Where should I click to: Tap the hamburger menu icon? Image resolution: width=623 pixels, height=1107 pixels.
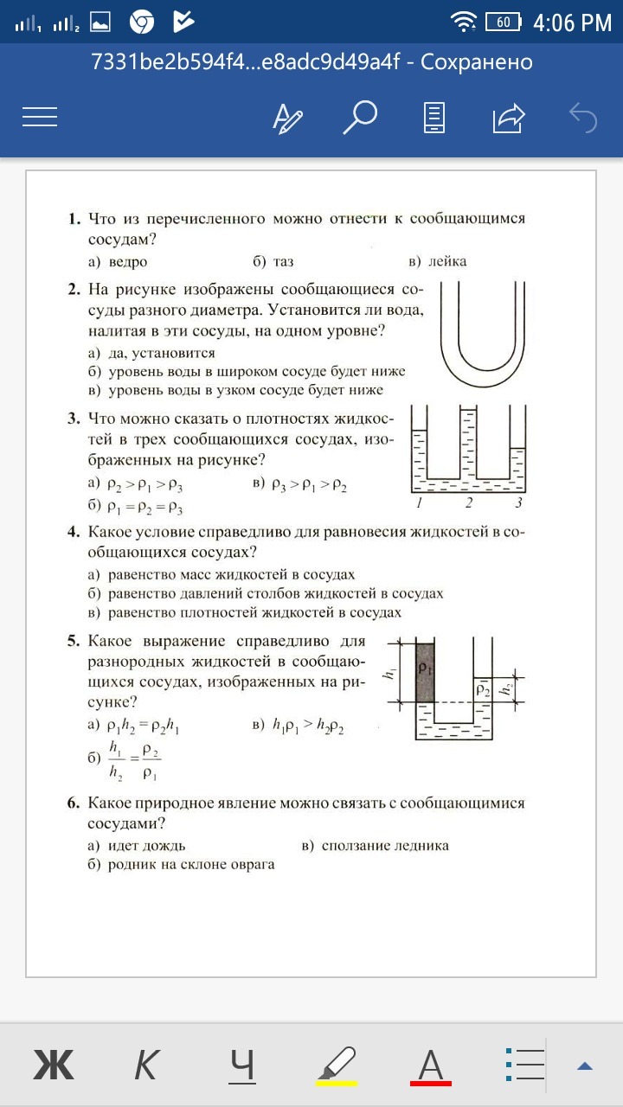[40, 117]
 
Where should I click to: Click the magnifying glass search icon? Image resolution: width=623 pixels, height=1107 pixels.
[359, 117]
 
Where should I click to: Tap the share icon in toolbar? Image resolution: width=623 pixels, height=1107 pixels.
[509, 117]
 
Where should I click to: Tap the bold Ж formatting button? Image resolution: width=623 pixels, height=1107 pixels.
[54, 1065]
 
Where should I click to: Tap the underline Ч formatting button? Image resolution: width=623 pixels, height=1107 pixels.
[242, 1065]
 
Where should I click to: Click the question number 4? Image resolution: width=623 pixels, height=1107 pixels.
[74, 531]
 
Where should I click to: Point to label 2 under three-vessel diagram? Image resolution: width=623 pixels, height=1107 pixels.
[469, 502]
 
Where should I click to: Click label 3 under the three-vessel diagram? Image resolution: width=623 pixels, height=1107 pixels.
[518, 502]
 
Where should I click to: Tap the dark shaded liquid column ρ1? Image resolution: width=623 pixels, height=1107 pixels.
[424, 672]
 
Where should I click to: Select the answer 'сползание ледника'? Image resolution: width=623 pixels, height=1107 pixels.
[385, 846]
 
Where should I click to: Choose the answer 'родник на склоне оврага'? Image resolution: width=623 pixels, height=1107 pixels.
[191, 865]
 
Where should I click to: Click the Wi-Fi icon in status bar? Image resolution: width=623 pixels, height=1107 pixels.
[465, 22]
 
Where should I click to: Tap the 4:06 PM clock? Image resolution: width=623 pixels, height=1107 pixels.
[572, 22]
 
